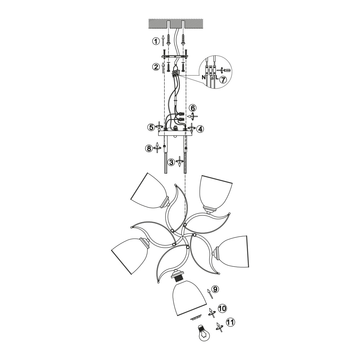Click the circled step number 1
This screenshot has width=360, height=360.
pyautogui.click(x=156, y=41)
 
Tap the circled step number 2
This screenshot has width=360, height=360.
pyautogui.click(x=156, y=67)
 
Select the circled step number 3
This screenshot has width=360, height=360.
pyautogui.click(x=171, y=162)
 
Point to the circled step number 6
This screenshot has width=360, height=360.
pyautogui.click(x=193, y=108)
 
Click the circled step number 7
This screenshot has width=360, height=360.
pyautogui.click(x=223, y=80)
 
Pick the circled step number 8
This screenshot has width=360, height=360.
pyautogui.click(x=149, y=149)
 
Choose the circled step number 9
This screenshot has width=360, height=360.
pyautogui.click(x=215, y=289)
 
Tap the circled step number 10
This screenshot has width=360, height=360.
pyautogui.click(x=222, y=308)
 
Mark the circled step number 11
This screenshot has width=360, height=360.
pyautogui.click(x=230, y=322)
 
